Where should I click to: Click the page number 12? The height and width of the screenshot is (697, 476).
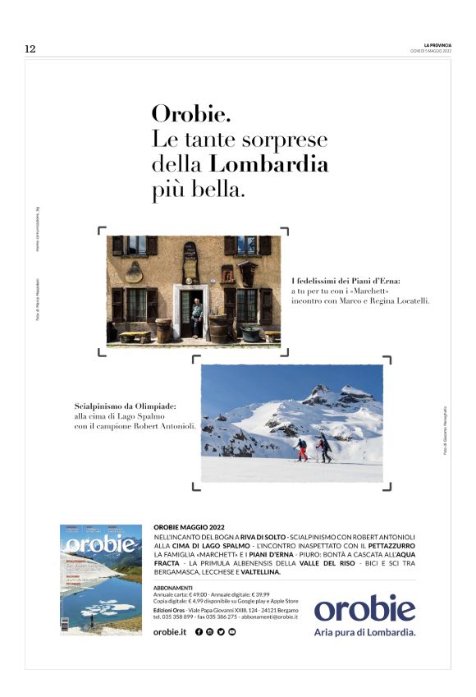(30, 49)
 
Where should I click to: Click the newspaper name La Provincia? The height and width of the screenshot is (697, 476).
(437, 44)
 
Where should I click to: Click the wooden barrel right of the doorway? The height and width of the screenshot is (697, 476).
(219, 328)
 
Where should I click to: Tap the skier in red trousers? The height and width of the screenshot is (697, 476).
(301, 449)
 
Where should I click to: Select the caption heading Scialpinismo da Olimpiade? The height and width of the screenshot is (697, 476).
(126, 405)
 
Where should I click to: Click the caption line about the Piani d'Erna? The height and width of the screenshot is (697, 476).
(346, 281)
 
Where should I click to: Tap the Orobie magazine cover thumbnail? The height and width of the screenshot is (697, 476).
(100, 579)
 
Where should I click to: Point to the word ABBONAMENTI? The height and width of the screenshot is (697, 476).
(173, 588)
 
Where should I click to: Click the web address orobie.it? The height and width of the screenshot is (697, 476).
(170, 631)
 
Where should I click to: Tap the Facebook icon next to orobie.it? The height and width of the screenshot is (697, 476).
(199, 631)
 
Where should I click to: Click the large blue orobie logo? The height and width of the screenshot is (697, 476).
(364, 608)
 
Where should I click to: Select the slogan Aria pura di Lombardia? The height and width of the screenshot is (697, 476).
(364, 632)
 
